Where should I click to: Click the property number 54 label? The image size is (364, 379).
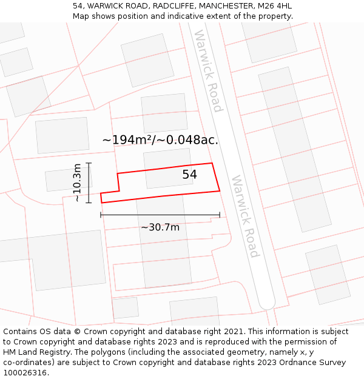pyautogui.click(x=189, y=175)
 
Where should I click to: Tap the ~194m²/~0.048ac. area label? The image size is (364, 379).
pyautogui.click(x=160, y=140)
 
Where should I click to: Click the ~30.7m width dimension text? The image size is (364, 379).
pyautogui.click(x=160, y=227)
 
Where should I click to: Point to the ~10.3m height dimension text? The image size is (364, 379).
pyautogui.click(x=77, y=183)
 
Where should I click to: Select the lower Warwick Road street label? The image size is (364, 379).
pyautogui.click(x=246, y=216)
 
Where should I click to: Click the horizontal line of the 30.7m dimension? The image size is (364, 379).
pyautogui.click(x=160, y=215)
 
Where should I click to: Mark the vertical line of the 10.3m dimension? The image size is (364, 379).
pyautogui.click(x=89, y=183)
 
